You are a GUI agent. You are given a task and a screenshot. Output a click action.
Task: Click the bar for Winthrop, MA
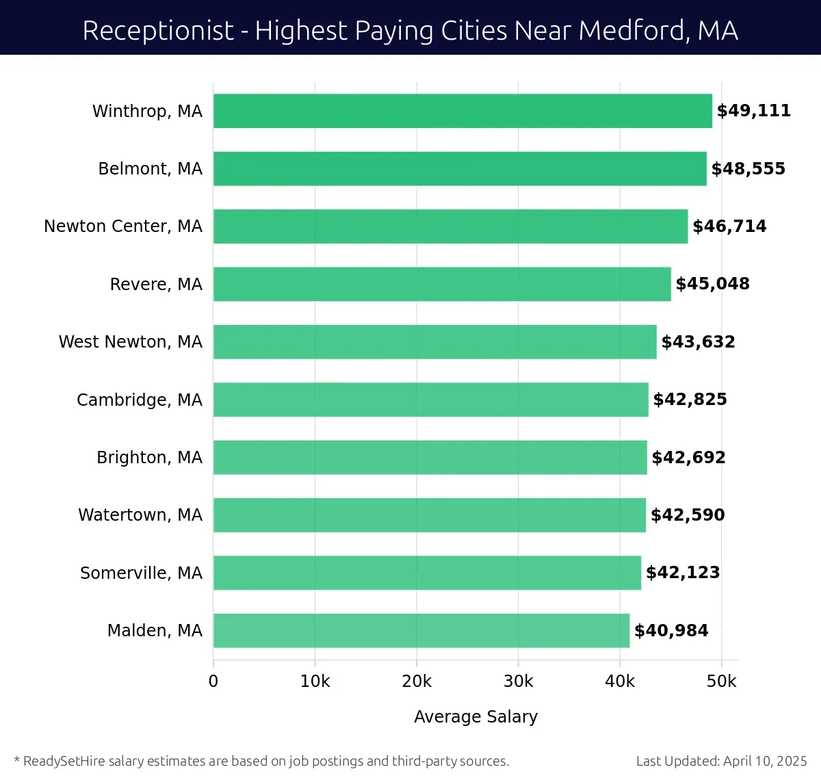pos(462,111)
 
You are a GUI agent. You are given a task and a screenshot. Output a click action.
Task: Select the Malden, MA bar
pos(421,630)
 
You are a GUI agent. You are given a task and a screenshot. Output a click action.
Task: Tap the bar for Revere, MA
pos(442,284)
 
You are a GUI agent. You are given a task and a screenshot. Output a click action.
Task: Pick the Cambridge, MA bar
pos(431,400)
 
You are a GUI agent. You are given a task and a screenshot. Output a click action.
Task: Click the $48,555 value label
pos(748,169)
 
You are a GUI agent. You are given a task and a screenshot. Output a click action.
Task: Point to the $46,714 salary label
pos(729,226)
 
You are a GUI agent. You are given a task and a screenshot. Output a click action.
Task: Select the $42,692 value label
pos(688,458)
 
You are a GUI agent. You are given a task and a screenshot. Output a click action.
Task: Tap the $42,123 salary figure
pos(683,573)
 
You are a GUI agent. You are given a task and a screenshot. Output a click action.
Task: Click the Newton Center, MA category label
pos(123,226)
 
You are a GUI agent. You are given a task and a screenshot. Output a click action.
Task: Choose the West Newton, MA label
pos(131,342)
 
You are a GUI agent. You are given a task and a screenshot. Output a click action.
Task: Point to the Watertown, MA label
pos(140,515)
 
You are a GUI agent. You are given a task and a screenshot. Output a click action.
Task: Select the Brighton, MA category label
pos(149,458)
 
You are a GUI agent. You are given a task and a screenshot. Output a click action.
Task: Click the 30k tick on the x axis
pos(518,681)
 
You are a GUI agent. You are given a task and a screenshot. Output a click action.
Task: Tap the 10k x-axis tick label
pos(315,681)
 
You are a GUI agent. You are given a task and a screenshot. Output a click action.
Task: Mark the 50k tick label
pos(722,681)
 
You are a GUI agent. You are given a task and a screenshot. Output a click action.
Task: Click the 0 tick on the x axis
pos(213,681)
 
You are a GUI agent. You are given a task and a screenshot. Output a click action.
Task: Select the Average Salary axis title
pos(475,716)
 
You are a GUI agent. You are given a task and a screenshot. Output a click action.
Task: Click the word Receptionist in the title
pos(158,31)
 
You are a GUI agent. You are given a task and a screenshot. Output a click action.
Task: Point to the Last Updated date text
pos(721,761)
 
